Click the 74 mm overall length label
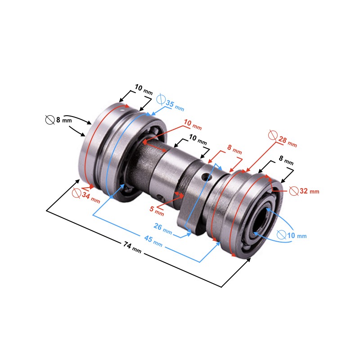[x=132, y=247]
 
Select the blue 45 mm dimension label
[x=153, y=241]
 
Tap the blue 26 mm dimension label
[x=163, y=229]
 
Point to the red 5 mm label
[x=157, y=211]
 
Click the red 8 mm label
[x=234, y=149]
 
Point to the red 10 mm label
[x=193, y=125]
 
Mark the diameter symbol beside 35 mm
[x=161, y=99]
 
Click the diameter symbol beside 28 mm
[x=273, y=135]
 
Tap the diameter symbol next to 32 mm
[x=294, y=191]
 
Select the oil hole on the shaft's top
[x=205, y=176]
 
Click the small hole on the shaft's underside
[x=160, y=197]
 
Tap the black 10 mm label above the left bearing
[x=144, y=89]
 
